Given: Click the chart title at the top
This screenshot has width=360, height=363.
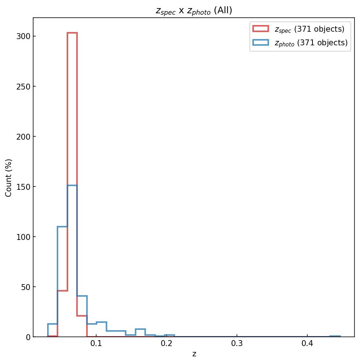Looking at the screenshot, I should [194, 11].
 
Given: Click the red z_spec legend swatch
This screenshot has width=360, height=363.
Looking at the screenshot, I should [261, 29].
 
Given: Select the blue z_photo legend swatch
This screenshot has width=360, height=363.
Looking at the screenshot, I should [261, 43].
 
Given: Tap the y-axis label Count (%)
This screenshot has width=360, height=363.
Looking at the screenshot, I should [9, 178].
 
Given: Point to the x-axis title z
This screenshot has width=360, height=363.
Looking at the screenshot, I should [194, 354].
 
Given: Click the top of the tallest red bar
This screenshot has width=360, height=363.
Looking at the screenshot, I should [72, 33].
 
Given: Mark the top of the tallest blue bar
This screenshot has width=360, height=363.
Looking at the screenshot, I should [72, 185].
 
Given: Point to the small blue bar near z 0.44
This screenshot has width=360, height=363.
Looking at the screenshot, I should [335, 336].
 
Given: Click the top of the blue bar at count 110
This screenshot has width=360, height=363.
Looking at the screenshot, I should [62, 227].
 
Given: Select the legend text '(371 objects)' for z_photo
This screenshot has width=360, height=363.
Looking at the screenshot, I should [322, 43].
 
